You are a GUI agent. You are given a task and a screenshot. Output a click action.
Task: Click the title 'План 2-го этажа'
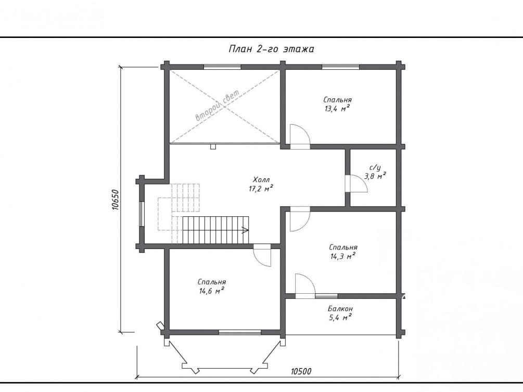(271, 49)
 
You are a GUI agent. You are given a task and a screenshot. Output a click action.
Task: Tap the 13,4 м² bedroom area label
(337, 108)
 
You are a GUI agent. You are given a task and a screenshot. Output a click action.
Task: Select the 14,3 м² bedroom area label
(343, 256)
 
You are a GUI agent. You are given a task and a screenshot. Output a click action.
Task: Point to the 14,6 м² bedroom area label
(211, 291)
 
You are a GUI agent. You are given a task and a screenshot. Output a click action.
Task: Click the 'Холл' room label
(261, 180)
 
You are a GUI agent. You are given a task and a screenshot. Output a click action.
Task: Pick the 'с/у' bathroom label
(375, 168)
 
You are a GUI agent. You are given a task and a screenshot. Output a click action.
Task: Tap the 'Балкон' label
(340, 309)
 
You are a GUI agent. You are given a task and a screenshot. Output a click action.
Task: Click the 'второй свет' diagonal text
(218, 106)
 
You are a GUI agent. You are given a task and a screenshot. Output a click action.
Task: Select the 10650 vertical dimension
(115, 200)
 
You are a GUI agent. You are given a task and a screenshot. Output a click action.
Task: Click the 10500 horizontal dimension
(301, 371)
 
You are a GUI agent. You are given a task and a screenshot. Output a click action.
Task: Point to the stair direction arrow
(245, 230)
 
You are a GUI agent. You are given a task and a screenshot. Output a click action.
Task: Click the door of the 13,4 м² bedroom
(300, 136)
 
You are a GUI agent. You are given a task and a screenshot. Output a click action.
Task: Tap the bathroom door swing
(356, 184)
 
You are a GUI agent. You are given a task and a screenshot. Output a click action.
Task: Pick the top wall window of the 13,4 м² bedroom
(340, 67)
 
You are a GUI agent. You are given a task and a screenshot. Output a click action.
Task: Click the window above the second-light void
(222, 67)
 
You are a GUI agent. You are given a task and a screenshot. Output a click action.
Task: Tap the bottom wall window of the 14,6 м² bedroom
(240, 332)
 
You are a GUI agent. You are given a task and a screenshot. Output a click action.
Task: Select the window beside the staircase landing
(142, 214)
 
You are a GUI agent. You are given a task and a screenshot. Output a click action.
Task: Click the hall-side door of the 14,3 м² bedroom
(300, 219)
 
